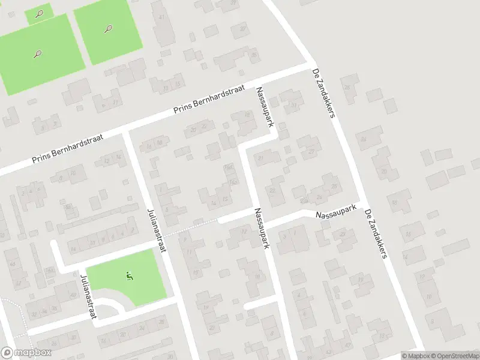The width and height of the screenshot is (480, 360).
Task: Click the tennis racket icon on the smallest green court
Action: click(x=40, y=13)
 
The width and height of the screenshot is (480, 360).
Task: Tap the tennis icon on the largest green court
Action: click(x=37, y=54)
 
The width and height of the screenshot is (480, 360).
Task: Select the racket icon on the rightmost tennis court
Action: click(x=108, y=28)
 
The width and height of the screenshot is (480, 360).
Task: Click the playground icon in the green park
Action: click(x=128, y=276)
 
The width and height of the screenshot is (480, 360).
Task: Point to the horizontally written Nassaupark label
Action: click(x=336, y=212)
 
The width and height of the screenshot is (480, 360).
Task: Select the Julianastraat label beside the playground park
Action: click(x=88, y=296)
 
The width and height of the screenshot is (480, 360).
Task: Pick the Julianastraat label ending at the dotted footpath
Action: click(x=156, y=230)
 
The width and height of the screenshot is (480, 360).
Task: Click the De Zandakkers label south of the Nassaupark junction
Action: click(x=374, y=234)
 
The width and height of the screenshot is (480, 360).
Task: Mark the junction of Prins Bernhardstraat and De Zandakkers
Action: click(x=311, y=64)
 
